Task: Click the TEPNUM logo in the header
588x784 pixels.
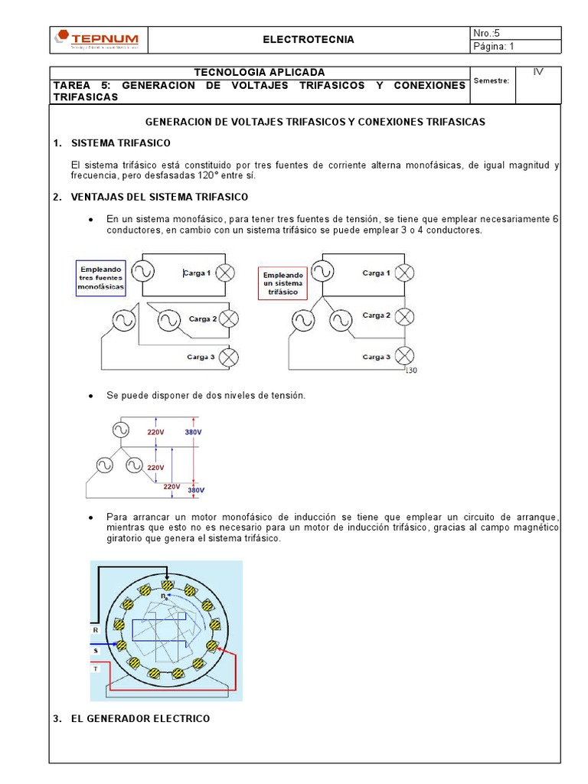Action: click(98, 39)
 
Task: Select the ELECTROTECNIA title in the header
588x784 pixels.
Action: click(309, 40)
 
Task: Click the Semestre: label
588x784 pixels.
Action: click(492, 80)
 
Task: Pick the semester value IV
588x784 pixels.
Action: click(538, 72)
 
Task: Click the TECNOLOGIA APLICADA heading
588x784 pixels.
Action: click(260, 72)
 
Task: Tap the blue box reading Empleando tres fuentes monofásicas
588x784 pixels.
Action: click(100, 277)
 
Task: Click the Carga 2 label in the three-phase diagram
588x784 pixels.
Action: click(377, 315)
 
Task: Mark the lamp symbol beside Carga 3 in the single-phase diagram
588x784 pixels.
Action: click(228, 357)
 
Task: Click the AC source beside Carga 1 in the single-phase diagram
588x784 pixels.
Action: click(142, 271)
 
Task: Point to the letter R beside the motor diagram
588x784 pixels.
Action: click(96, 629)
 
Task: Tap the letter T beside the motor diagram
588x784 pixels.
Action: click(96, 668)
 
